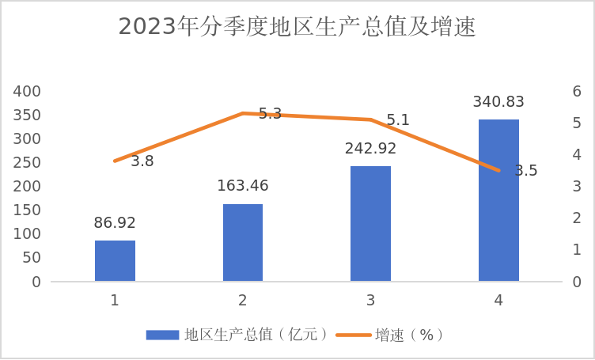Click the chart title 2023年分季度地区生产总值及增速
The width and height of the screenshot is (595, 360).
(297, 27)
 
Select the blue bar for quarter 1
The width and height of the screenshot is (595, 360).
(115, 260)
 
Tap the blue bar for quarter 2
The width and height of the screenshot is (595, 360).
(243, 242)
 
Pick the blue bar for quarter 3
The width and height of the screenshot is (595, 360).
(370, 223)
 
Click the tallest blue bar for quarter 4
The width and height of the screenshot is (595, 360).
(498, 200)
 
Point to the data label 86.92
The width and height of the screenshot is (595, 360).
(115, 223)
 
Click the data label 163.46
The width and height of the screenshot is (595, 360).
(243, 186)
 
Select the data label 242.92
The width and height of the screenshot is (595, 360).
(370, 148)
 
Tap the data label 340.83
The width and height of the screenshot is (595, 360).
(498, 101)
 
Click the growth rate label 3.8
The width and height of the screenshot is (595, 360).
(142, 161)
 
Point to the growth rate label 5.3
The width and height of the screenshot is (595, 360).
(271, 114)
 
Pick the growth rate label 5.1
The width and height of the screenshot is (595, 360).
(398, 120)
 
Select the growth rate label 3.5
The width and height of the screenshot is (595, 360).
(526, 171)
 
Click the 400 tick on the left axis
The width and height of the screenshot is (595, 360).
(28, 91)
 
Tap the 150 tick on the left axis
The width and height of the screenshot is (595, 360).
(28, 210)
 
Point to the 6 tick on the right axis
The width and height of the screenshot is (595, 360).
(578, 91)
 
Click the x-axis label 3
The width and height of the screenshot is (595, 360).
(370, 301)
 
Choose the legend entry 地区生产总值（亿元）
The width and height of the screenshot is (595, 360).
(237, 335)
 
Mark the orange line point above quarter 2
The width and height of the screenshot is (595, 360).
(243, 113)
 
